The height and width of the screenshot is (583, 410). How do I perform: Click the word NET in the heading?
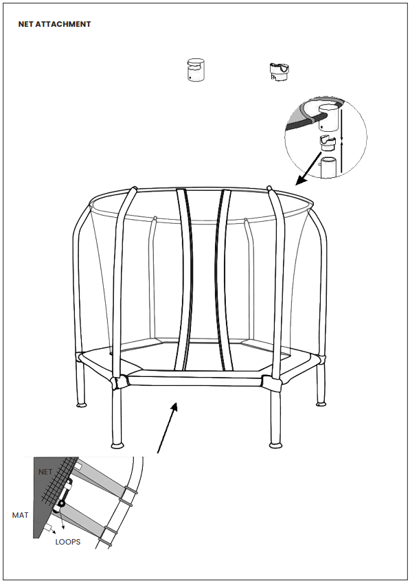coord(27,24)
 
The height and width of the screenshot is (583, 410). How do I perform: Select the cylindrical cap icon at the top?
coord(196,71)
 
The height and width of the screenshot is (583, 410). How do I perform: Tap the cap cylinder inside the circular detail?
coord(330,119)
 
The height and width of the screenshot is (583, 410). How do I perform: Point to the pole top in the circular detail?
coord(329,167)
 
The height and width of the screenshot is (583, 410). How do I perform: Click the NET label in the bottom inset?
coord(45,472)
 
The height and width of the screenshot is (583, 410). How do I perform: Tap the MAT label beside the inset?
coord(21,514)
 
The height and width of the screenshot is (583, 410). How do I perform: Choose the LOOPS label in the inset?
coord(68,542)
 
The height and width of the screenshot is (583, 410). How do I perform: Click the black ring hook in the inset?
coord(61,503)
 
